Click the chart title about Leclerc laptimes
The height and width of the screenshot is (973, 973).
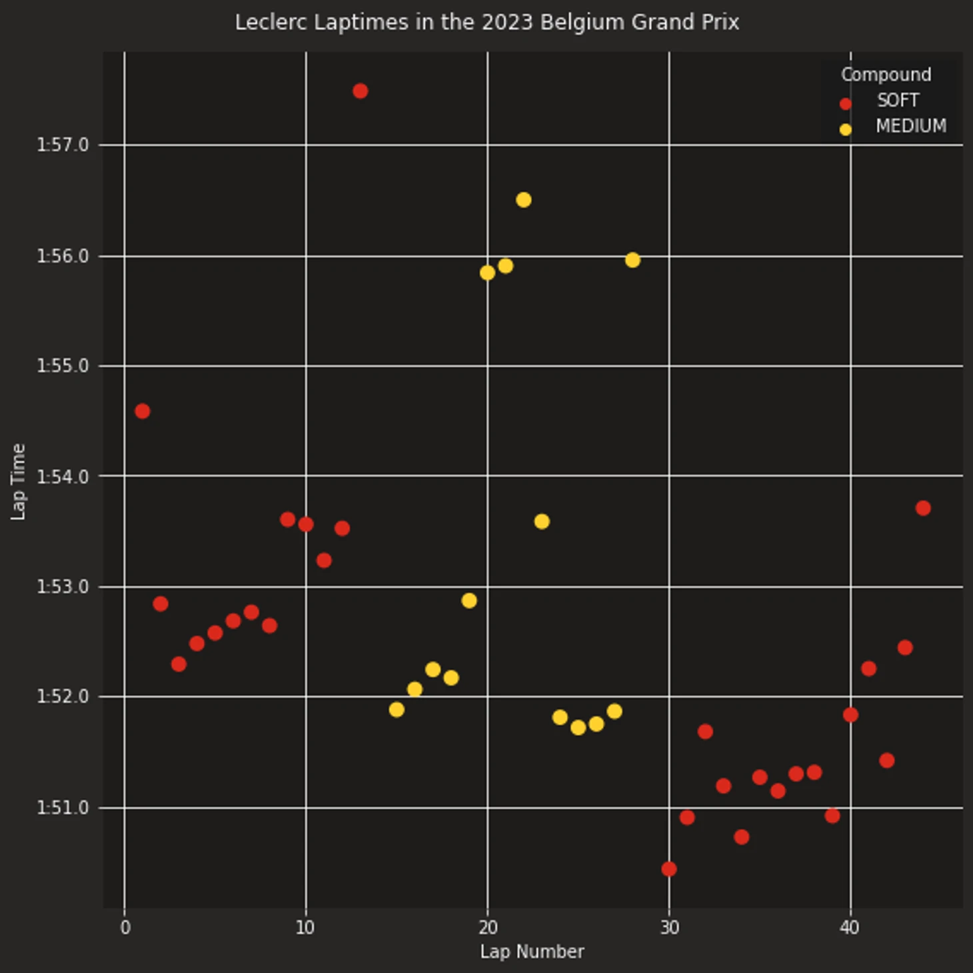coord(486,23)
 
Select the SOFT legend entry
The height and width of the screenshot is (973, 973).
coord(897,101)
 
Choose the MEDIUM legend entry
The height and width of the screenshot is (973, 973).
coord(910,126)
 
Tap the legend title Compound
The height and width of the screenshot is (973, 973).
coord(886,75)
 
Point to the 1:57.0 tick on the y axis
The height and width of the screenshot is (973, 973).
coord(63,145)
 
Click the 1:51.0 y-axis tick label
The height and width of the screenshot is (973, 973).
coord(63,808)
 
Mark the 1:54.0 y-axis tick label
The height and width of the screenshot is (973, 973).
coord(63,477)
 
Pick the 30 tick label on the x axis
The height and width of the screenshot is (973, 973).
coord(669,928)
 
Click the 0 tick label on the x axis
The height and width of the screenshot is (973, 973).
coord(125,928)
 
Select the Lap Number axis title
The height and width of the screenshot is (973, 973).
coord(532,952)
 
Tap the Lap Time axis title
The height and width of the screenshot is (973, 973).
coord(19,481)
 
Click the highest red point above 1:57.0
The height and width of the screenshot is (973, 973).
coord(361,91)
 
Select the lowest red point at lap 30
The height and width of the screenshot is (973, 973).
coord(669,869)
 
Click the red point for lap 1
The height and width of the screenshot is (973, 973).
coord(143,411)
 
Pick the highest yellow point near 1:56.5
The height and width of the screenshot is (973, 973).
coord(524,200)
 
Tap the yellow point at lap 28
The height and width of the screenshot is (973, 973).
coord(632,260)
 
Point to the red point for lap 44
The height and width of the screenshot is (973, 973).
coord(923,508)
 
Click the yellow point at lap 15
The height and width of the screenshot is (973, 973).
coord(397,710)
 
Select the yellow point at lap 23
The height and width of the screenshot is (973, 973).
coord(542,522)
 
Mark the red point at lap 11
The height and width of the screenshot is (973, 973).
coord(324,560)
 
